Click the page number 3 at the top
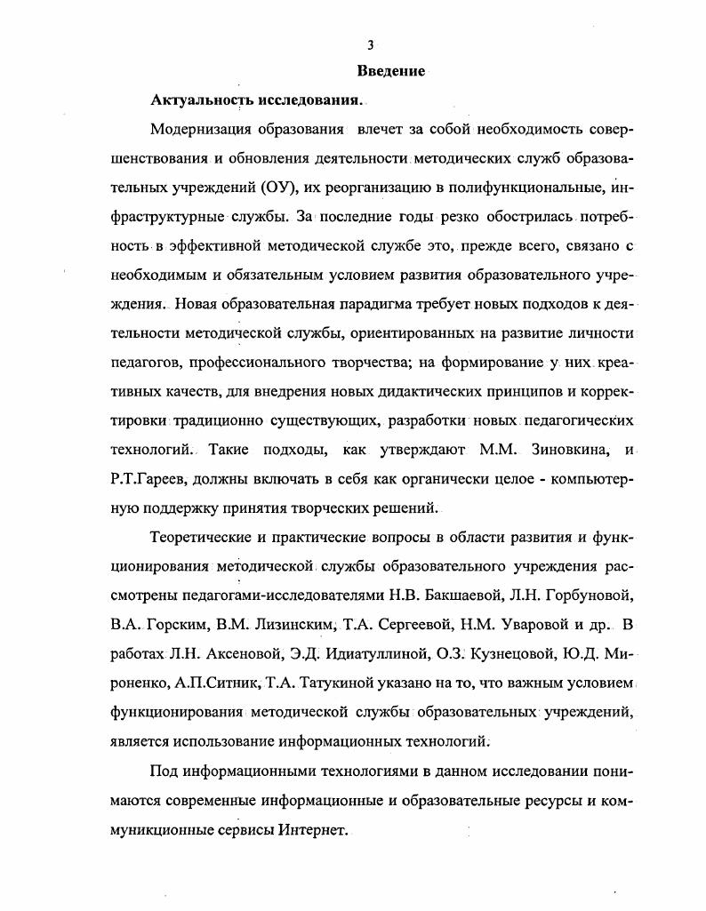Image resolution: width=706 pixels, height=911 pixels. click(x=371, y=45)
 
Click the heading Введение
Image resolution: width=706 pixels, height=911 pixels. click(x=391, y=71)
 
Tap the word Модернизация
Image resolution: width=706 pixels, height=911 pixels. click(x=202, y=129)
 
